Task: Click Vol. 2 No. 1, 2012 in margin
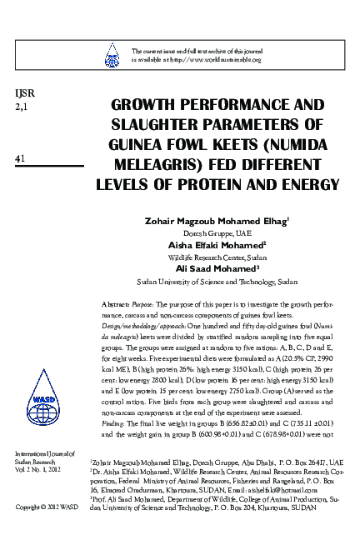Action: pos(36,469)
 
